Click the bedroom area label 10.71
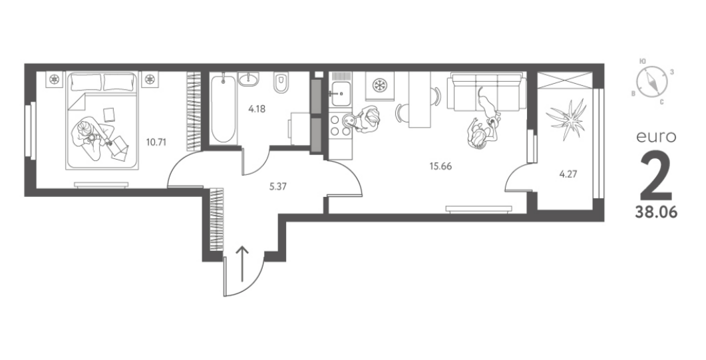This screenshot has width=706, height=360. (x=156, y=142)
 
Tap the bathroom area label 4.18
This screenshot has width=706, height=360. (x=257, y=108)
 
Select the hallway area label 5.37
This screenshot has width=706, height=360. (x=277, y=186)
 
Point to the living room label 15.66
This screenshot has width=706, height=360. (x=441, y=166)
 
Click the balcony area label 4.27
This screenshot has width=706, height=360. (x=568, y=174)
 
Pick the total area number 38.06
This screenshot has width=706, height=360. (x=656, y=212)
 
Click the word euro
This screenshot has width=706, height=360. (x=656, y=137)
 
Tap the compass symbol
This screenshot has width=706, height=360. (x=651, y=83)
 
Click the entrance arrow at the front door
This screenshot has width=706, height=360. (x=242, y=264)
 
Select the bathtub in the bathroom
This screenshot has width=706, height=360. (x=222, y=109)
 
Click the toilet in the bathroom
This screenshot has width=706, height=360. (x=280, y=83)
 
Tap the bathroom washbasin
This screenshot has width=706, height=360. (x=248, y=79)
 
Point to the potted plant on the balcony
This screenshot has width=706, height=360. (x=566, y=119)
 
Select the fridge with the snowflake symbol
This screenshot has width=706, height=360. (x=379, y=85)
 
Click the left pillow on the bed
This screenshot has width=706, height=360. (x=86, y=83)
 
